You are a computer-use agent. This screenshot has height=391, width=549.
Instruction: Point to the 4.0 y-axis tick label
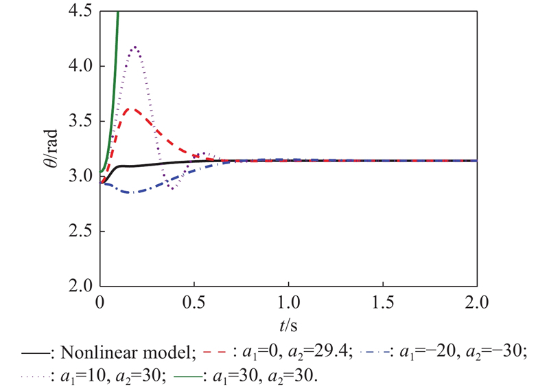pyautogui.click(x=80, y=67)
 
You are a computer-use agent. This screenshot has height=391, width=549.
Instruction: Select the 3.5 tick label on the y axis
pyautogui.click(x=80, y=122)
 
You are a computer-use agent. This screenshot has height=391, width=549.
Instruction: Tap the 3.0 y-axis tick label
pyautogui.click(x=80, y=177)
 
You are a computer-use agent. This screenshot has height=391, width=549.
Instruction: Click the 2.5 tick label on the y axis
pyautogui.click(x=80, y=231)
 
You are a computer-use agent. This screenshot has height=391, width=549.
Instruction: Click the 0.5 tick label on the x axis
pyautogui.click(x=194, y=303)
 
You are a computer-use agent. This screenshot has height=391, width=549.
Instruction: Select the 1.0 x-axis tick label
pyautogui.click(x=288, y=303)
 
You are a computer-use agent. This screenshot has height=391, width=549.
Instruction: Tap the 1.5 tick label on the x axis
pyautogui.click(x=382, y=303)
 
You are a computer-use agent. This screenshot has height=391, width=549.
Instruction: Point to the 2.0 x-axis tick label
pyautogui.click(x=476, y=303)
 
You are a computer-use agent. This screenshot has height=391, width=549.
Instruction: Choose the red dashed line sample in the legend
pyautogui.click(x=213, y=353)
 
